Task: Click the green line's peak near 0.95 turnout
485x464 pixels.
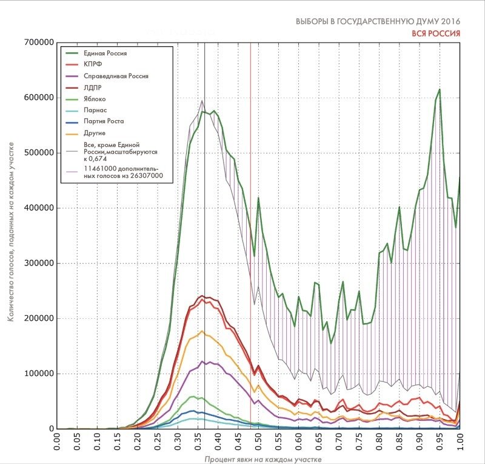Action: pos(439,89)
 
